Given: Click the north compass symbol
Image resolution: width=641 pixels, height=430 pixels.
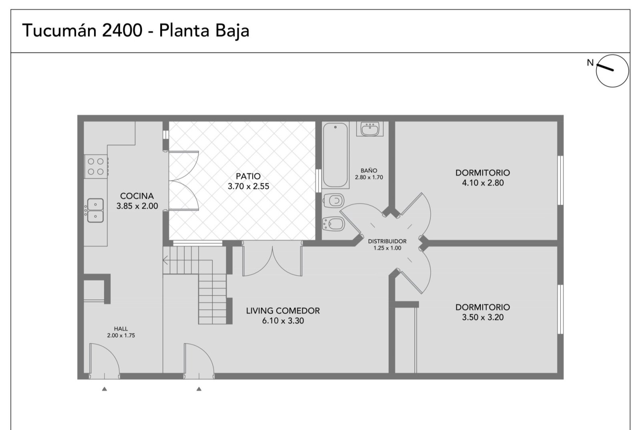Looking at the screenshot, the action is point(612,71).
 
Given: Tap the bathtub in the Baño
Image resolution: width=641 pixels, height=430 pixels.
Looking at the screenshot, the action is point(335,155).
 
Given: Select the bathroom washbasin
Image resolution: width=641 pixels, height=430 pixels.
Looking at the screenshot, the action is point(370,129).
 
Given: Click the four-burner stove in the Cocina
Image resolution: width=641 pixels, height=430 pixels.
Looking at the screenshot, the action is point(96,167).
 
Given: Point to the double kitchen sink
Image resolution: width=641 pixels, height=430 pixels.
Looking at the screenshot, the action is point(95,210).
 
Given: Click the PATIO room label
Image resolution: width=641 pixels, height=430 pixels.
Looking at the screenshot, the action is point(248,176).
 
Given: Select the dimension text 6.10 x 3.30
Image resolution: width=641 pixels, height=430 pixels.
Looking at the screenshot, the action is point(283,321).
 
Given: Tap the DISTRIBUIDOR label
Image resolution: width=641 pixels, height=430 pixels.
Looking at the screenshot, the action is point(387,241).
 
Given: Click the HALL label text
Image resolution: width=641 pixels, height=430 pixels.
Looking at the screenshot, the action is point(121,329).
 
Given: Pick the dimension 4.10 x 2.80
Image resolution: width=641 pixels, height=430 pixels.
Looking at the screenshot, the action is point(483,183).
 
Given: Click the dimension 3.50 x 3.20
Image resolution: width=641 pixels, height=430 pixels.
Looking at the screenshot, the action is point(483,317).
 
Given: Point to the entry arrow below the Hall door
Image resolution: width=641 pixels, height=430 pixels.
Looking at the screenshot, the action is point(105,389).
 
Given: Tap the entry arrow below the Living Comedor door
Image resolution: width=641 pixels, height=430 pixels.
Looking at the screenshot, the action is point(199,389).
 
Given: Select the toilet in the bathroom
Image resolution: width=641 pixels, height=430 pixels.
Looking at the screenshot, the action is point(334,200).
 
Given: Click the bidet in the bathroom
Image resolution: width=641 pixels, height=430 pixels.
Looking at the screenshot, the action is point(333,224).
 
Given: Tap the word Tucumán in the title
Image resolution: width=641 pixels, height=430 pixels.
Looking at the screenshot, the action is point(60,30).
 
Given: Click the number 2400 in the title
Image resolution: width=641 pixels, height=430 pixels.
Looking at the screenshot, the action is point(122,30).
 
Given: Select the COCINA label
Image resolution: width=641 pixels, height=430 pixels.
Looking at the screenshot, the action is point(137,196).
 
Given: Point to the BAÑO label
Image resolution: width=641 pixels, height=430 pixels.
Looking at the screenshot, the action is point(369,170).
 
